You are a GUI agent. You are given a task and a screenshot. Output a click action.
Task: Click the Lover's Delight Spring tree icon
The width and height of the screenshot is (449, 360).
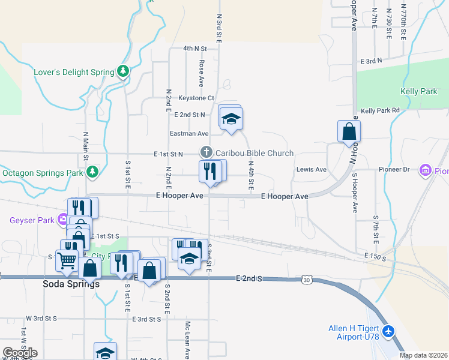123,72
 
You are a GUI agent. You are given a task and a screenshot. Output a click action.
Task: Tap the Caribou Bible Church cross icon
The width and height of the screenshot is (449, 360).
206,153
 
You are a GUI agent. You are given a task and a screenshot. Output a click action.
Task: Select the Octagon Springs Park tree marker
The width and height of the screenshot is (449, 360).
92,173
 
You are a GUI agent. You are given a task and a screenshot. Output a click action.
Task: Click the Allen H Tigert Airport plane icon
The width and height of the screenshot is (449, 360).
388,331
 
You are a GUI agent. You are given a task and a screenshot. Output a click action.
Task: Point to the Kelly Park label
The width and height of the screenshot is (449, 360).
419,92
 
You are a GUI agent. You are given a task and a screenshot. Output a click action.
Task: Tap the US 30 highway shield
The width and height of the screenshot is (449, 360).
307,280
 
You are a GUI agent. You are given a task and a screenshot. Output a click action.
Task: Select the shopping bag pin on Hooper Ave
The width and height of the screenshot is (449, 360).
349,131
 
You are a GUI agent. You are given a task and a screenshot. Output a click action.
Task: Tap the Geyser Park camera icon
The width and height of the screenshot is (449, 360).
62,220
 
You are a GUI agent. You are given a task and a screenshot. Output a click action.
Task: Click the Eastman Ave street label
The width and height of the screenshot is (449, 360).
189,134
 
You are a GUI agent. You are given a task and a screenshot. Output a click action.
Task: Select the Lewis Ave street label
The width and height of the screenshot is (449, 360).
311,170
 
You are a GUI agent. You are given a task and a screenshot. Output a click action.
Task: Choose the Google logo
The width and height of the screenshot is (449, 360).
20,353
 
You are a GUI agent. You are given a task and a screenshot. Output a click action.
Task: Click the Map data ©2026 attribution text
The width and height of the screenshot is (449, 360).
423,355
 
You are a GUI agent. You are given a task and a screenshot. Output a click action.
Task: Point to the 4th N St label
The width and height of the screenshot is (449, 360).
195,48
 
